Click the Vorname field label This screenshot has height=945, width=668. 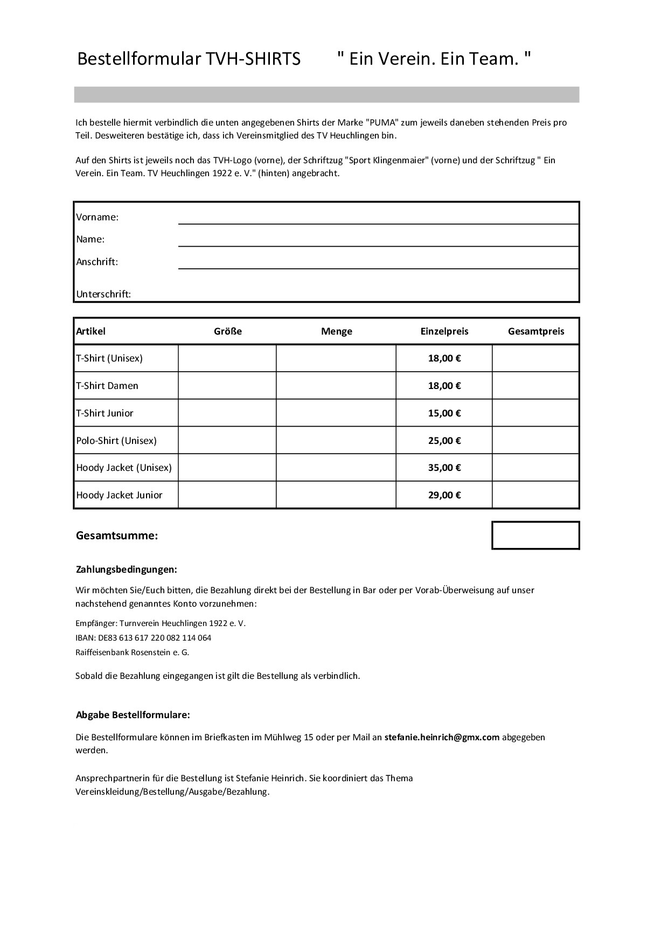point(97,217)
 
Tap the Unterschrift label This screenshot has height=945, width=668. point(103,294)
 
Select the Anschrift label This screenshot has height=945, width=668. point(97,262)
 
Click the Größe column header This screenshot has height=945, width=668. point(228,331)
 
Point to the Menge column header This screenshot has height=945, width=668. point(337,331)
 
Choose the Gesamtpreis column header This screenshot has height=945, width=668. point(536,331)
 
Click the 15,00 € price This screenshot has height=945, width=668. point(444,413)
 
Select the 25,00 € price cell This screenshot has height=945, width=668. point(444,441)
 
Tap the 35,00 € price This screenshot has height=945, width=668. point(444,468)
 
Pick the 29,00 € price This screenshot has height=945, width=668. point(444,495)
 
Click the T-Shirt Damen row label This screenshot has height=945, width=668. point(107,386)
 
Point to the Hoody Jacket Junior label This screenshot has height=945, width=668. point(119,495)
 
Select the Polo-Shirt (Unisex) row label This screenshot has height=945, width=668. point(116,441)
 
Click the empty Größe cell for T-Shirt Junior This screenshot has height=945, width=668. point(227,413)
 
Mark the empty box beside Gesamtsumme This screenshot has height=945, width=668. point(535,536)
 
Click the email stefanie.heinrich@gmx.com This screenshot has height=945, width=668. point(442,737)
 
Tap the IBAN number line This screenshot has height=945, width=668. point(143,638)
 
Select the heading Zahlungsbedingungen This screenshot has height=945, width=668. point(127,569)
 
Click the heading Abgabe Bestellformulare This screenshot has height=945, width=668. point(133,715)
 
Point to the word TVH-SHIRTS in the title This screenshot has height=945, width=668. point(252,59)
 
